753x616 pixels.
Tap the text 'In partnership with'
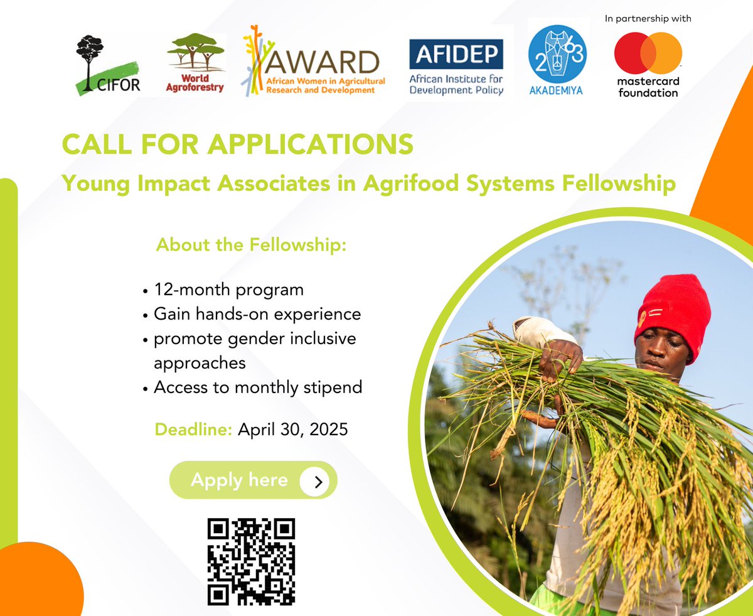point(648,19)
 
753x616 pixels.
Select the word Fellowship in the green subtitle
point(619,183)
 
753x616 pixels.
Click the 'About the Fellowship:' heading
point(251,244)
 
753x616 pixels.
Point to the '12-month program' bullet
point(228,289)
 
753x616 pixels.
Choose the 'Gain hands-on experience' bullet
point(257,314)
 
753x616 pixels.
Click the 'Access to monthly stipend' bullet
point(258,387)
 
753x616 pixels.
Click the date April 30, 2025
point(292,430)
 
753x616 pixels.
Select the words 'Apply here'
point(239,480)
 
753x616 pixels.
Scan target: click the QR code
point(251,561)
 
